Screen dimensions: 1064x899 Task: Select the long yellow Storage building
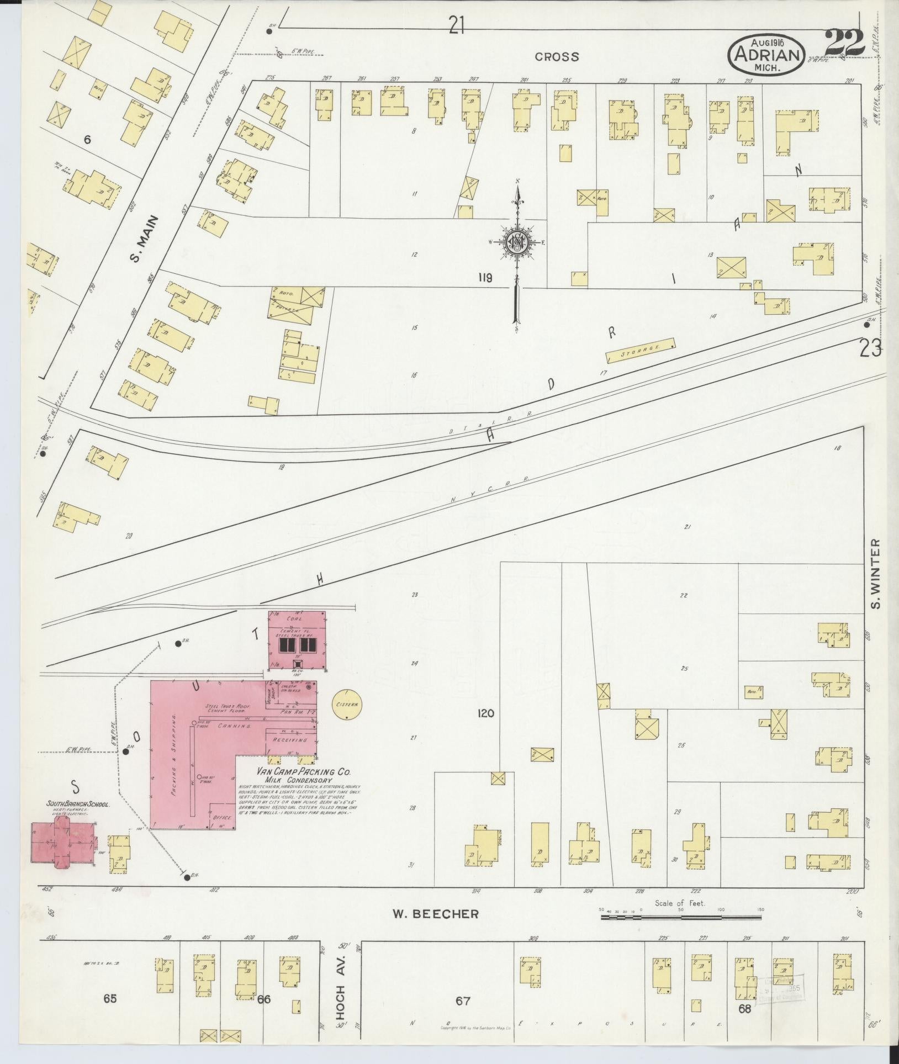tap(641, 350)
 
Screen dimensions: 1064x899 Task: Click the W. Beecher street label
tap(435, 914)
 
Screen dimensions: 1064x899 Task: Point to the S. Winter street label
tap(874, 574)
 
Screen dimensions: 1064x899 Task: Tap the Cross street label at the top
tap(557, 56)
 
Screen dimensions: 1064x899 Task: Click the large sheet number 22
tap(845, 44)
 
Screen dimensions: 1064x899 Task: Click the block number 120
tap(486, 714)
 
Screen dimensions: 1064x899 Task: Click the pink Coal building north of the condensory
tap(297, 639)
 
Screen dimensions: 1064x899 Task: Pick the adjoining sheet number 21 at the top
tap(456, 25)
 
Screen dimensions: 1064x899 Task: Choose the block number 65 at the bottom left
tap(110, 998)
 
